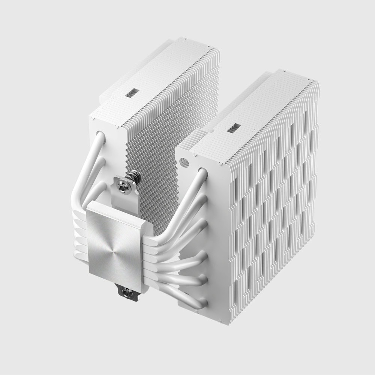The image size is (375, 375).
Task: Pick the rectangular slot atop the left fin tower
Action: pyautogui.click(x=132, y=91)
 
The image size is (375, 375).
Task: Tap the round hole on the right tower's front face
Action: pyautogui.click(x=184, y=161)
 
